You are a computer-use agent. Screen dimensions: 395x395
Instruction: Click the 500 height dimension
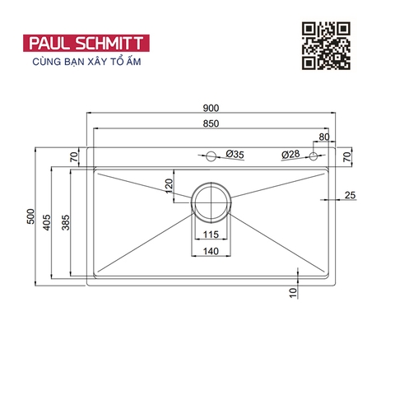pos(31,217)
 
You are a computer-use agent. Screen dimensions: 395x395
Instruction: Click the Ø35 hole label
pos(235,155)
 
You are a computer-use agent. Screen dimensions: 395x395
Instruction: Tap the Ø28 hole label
pos(290,155)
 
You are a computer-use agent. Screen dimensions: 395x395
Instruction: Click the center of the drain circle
pos(211,199)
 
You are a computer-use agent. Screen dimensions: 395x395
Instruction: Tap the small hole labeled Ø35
pos(211,156)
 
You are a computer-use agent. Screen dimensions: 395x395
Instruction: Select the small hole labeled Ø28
pos(314,156)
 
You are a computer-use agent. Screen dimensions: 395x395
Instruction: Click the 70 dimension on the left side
pos(73,156)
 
